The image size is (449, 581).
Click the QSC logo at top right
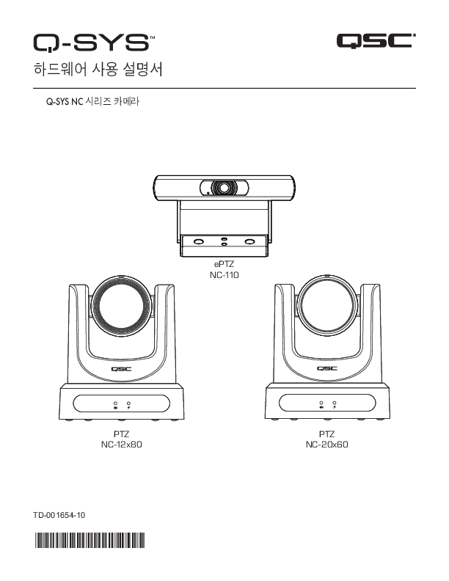[376, 40]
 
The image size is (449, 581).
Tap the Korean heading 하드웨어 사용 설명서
[98, 69]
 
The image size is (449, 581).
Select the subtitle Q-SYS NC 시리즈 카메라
[92, 101]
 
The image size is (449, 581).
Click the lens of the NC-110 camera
[224, 188]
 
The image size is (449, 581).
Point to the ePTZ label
[224, 265]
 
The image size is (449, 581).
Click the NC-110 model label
[224, 275]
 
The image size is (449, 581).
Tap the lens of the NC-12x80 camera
[122, 307]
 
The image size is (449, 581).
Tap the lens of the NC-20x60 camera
[327, 306]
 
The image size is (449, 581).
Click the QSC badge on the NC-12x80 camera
[122, 369]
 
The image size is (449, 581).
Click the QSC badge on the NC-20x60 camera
[327, 368]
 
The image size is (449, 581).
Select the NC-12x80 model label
[122, 445]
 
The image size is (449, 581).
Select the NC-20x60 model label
[326, 445]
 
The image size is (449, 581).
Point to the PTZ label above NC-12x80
[122, 434]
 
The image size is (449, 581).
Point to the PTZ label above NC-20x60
[326, 434]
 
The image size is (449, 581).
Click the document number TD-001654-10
[59, 515]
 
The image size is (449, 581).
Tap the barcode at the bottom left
[90, 540]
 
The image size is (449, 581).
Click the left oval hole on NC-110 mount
[199, 241]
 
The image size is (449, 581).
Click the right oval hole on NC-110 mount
[250, 241]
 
